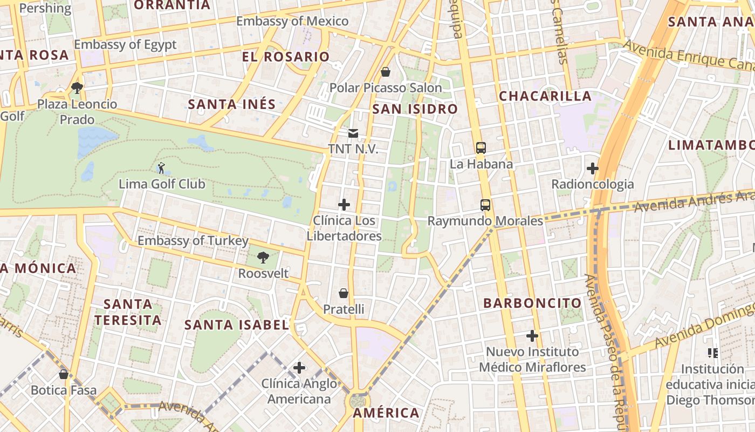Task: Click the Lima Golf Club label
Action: click(162, 184)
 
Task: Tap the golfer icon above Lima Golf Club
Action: click(161, 168)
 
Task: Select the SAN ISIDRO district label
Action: click(415, 109)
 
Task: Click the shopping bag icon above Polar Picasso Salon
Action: click(386, 71)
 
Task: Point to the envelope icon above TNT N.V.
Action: click(353, 133)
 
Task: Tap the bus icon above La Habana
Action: click(481, 147)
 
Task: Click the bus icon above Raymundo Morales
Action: click(485, 205)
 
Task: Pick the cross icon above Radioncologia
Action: click(593, 168)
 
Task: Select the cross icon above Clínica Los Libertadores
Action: click(344, 205)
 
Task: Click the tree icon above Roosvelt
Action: click(263, 257)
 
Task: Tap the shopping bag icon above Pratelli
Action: click(344, 293)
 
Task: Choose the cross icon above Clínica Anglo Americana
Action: click(299, 368)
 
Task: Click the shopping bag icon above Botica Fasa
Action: click(64, 374)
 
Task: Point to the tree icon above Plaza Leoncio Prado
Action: click(77, 87)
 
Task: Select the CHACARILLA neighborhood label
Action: click(545, 96)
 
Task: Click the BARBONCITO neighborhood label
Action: click(532, 303)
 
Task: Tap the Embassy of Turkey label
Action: click(193, 241)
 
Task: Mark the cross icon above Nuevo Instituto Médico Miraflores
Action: click(532, 336)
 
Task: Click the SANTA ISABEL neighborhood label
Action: click(237, 325)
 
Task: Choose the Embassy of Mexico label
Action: click(292, 22)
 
